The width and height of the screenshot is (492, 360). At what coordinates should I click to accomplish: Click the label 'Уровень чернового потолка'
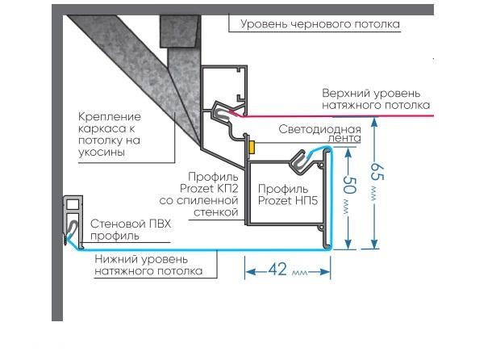[321, 24]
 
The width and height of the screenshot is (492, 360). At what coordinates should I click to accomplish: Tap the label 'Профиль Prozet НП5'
[287, 194]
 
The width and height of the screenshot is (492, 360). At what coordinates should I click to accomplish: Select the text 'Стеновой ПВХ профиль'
[131, 229]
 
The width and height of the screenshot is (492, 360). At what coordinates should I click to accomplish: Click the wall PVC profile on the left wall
[73, 218]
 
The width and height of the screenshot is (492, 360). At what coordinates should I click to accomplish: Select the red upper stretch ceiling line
[339, 118]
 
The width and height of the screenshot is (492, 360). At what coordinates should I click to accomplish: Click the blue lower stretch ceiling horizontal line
[202, 250]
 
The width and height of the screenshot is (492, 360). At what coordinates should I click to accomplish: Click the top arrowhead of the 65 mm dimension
[373, 123]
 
